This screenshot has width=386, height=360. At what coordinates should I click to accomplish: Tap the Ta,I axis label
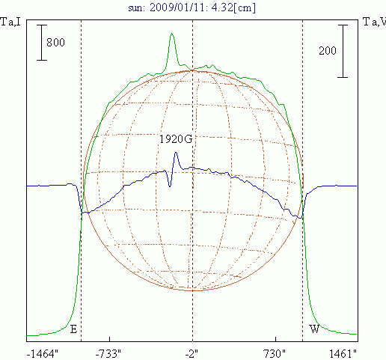click(10, 22)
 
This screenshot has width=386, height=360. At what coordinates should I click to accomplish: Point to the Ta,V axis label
click(374, 22)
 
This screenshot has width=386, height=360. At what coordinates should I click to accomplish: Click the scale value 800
click(55, 43)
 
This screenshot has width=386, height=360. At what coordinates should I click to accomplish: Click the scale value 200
click(328, 51)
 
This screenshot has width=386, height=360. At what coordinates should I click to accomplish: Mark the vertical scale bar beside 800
click(42, 43)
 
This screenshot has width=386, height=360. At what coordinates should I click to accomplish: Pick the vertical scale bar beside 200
click(343, 51)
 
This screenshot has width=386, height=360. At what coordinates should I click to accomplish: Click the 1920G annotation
click(176, 139)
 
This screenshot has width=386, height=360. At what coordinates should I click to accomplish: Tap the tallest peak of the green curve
click(172, 34)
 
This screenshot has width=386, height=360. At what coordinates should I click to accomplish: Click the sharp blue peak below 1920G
click(176, 153)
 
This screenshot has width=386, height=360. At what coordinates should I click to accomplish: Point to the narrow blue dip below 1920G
click(170, 186)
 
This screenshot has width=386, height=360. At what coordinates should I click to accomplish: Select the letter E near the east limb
click(73, 329)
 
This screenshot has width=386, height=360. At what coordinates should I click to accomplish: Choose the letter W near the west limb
click(314, 329)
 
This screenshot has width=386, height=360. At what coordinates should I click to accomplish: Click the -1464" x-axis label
click(43, 354)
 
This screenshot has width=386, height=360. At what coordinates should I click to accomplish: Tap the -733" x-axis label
click(108, 354)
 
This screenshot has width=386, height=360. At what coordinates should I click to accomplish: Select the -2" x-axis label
click(192, 354)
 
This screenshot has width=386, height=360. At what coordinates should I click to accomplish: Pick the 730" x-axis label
click(275, 354)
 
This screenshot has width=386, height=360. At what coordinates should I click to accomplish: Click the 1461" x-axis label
click(343, 354)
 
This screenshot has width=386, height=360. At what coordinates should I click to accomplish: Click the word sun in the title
click(136, 8)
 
